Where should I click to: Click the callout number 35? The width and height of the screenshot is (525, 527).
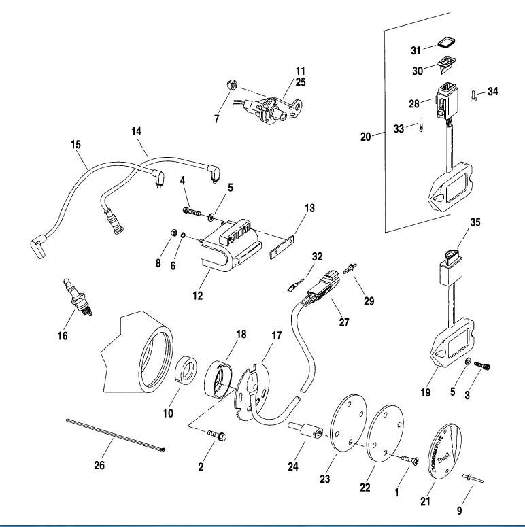pyautogui.click(x=475, y=222)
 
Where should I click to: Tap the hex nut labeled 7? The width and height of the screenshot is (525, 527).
pyautogui.click(x=231, y=85)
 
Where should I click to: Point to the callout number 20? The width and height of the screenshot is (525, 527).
pyautogui.click(x=365, y=136)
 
